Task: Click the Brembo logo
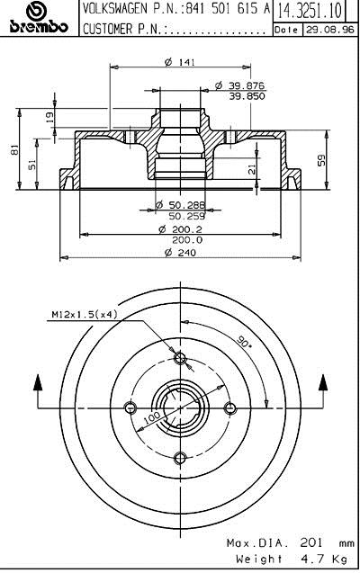point(39,17)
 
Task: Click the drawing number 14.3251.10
point(310,11)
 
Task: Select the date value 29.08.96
point(330,30)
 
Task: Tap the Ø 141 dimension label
point(180,62)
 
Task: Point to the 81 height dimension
point(14,149)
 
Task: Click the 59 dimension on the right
point(321,160)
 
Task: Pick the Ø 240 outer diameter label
point(180,253)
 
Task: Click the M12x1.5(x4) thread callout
point(84,314)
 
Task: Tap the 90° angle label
point(244,342)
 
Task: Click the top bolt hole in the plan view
point(179,358)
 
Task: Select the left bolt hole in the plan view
point(130,407)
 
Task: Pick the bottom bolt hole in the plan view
point(180,457)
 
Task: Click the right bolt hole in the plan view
point(229,407)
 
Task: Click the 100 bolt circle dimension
point(152,417)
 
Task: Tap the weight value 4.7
point(311,559)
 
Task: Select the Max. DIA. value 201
point(311,542)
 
